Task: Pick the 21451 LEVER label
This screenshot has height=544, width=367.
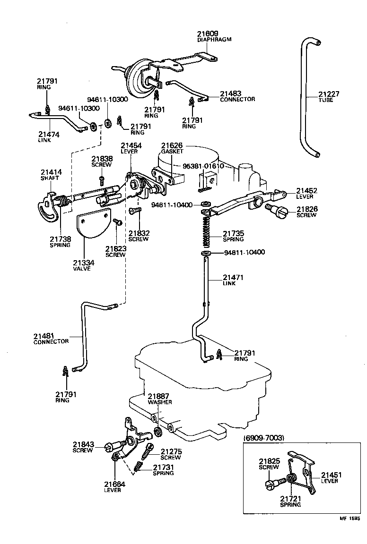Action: point(332,477)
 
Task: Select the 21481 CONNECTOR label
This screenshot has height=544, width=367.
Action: point(51,339)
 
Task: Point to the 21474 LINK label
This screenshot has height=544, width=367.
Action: point(49,137)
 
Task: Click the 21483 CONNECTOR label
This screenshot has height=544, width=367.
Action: point(237,96)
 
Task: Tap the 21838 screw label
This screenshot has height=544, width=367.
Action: point(102,161)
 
